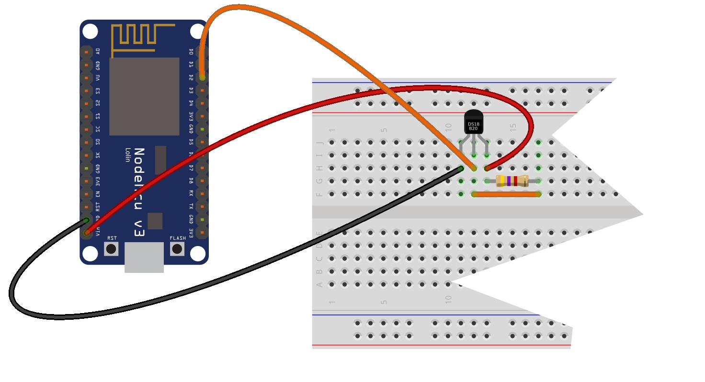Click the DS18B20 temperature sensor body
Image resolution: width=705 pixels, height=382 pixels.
point(474,123)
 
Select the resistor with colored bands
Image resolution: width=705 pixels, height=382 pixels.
point(512,181)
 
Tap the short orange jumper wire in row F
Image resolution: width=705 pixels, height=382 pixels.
point(506,194)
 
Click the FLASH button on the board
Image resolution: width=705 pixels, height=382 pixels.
point(177,248)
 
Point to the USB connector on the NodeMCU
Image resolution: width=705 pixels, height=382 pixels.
point(144,257)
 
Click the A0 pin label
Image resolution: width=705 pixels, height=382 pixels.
point(98,51)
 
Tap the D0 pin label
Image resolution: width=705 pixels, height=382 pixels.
point(191,51)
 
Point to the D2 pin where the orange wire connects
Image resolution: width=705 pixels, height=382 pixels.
point(202,77)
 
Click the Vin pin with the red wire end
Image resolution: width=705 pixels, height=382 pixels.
point(87,233)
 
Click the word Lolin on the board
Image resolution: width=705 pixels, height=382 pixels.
point(128,155)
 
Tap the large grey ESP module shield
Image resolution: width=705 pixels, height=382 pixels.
point(144,96)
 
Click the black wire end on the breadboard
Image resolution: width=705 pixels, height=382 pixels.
point(461,168)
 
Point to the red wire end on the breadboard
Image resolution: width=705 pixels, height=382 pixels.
point(487,168)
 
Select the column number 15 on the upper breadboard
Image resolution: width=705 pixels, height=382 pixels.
point(513,128)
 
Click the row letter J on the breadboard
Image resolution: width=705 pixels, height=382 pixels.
point(320,142)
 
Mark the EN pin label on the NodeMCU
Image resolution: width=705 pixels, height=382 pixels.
point(98,194)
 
